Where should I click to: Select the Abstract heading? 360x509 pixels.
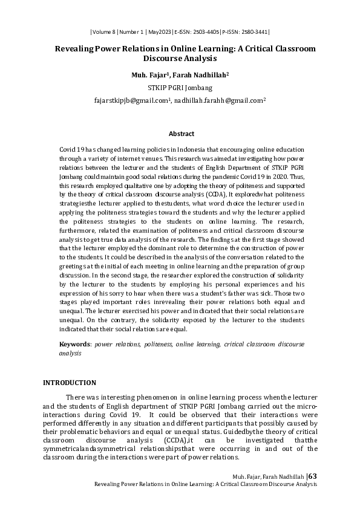click(x=181, y=134)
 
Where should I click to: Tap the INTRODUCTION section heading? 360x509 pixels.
click(x=69, y=383)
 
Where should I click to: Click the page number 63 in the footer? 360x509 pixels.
click(x=312, y=476)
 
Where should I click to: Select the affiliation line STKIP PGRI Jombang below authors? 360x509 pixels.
click(x=180, y=87)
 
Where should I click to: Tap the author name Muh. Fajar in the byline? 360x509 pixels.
click(x=148, y=75)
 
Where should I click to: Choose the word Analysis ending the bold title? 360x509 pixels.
click(x=198, y=59)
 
